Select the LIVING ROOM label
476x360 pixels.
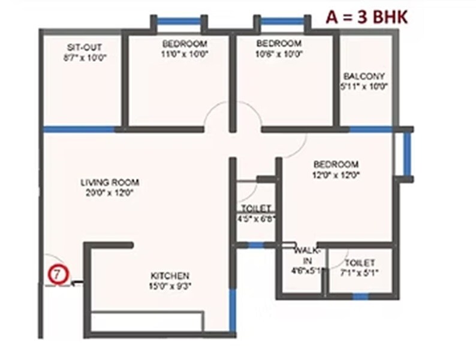point(110,182)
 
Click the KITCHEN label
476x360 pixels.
point(170,275)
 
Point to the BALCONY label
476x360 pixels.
point(364,76)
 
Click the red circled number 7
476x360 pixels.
point(57,275)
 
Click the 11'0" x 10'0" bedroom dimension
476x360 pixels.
point(184,53)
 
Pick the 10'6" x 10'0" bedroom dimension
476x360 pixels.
point(278,53)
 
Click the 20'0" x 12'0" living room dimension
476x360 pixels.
point(110,193)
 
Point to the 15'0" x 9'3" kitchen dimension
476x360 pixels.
point(170,286)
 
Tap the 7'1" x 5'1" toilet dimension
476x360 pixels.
point(360,273)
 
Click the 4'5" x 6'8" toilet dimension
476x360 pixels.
point(256,218)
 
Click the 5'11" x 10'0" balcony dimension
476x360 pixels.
point(364,86)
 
